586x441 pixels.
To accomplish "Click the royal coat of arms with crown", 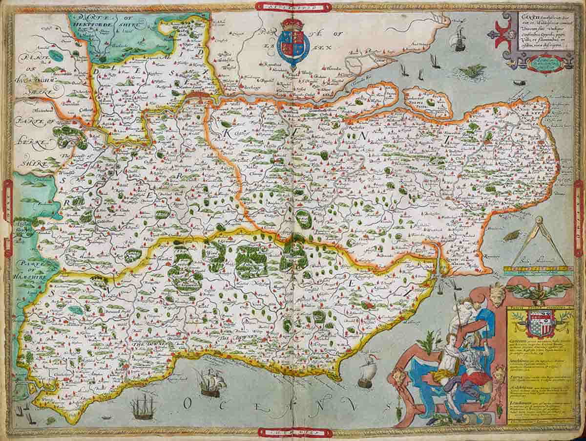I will [293, 43].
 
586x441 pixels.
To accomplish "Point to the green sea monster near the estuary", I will [473, 72].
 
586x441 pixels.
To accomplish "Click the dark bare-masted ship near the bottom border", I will [142, 405].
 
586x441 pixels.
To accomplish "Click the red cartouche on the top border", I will [293, 6].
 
